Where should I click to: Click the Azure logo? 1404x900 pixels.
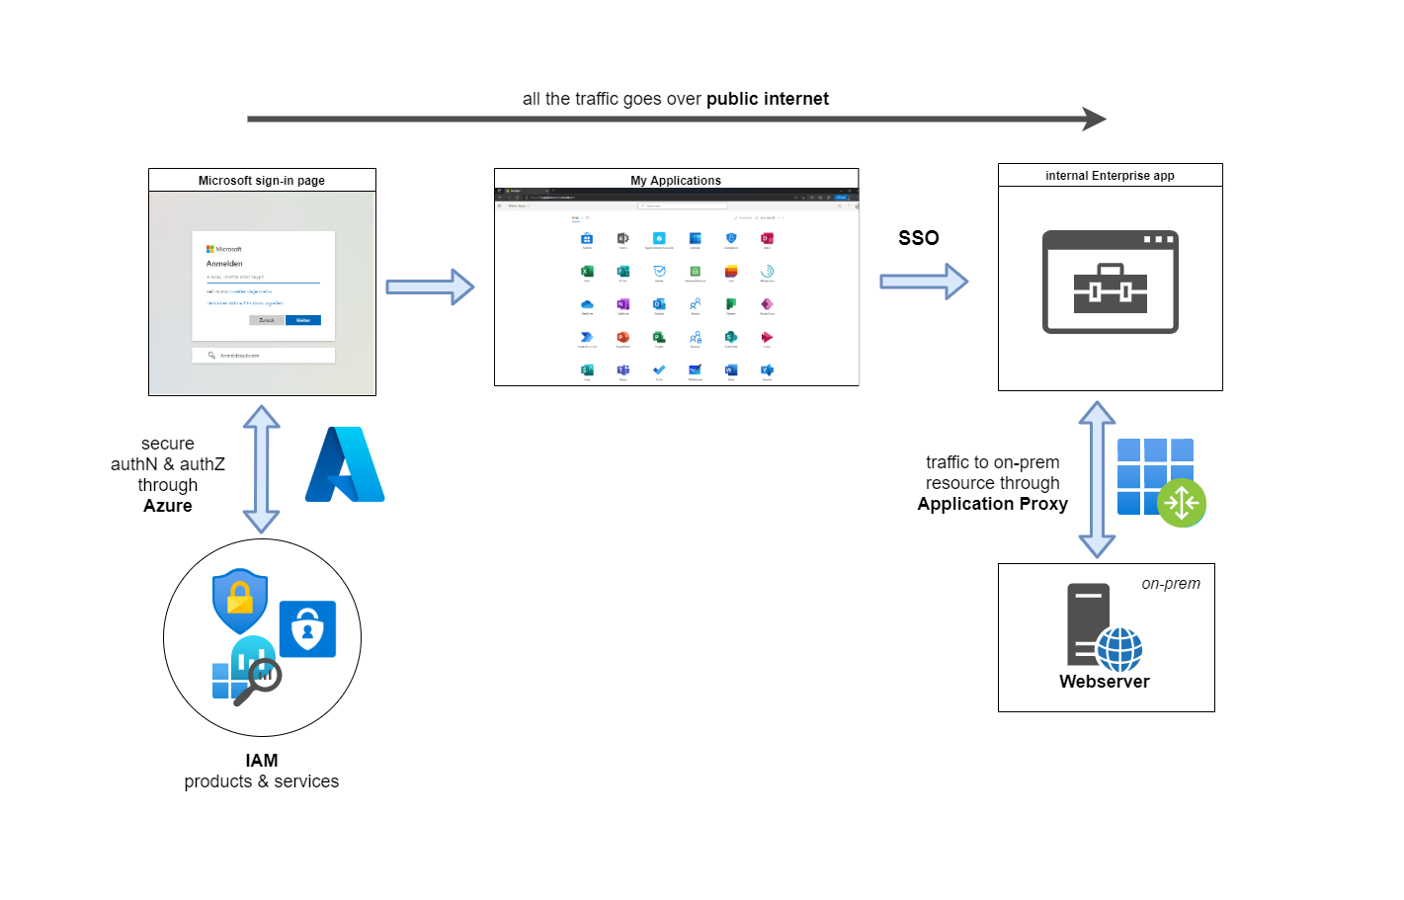345,465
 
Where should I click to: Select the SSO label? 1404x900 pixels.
918,238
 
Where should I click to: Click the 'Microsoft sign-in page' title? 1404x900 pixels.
262,181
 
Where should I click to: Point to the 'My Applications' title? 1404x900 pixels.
676,181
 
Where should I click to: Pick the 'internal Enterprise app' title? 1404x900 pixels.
1110,176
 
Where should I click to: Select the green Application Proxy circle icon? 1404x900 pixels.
1182,503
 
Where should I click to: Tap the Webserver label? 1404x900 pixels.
1104,682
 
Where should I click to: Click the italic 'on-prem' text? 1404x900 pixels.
1171,584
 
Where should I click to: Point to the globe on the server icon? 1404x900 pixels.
1119,649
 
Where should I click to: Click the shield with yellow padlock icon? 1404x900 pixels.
240,600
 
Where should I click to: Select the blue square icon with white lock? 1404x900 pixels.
307,629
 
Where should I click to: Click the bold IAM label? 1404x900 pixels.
262,761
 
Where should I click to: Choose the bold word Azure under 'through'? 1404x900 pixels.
168,506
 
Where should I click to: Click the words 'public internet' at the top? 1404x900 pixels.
767,99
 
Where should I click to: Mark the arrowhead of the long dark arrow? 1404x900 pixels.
1094,120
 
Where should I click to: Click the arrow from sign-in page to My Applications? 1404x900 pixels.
430,286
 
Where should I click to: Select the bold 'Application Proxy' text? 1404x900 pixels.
992,504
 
